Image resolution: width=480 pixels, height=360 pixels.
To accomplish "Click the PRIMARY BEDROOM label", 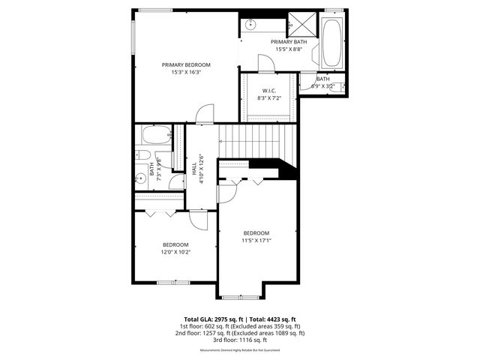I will [x=186, y=65].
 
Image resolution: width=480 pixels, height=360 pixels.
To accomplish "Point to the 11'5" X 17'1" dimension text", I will [x=256, y=241].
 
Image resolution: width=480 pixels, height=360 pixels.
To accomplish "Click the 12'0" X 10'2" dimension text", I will [x=175, y=252].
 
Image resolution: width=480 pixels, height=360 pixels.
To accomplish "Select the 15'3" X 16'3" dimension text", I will [x=186, y=73].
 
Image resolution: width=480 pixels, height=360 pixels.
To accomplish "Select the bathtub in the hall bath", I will [x=156, y=136].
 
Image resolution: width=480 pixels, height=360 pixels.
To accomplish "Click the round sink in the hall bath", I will [x=140, y=178].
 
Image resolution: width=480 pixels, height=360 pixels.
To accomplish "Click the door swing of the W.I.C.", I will [x=266, y=63].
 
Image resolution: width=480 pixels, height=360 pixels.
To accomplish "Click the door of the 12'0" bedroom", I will [x=199, y=219].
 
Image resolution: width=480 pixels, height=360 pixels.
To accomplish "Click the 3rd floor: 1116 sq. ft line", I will [x=239, y=340].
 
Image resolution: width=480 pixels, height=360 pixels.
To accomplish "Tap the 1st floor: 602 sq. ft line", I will [x=239, y=326].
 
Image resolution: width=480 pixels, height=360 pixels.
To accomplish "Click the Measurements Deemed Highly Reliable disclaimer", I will [x=239, y=350].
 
